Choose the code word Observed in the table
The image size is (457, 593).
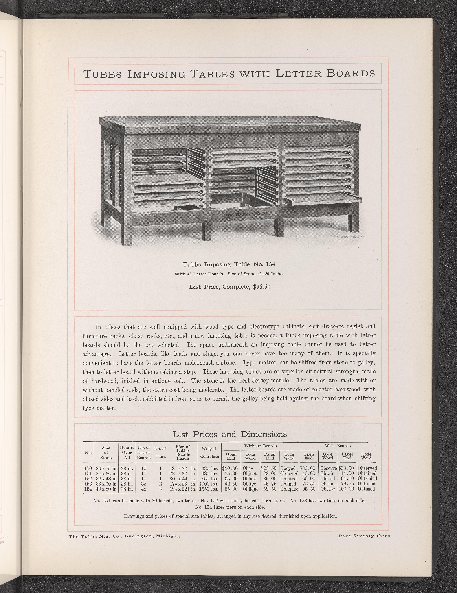[x=367, y=468]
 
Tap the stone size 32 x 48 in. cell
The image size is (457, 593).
[x=106, y=478]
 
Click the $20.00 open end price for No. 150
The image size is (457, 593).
[x=230, y=468]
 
